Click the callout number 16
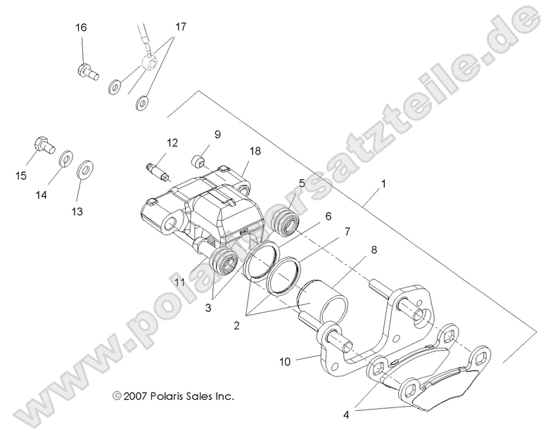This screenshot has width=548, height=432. pos(82,27)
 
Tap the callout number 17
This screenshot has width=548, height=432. pos(181,27)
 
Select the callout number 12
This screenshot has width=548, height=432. pos(172,143)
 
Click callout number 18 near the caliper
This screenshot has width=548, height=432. pos(255,150)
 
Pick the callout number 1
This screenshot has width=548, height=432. pos(383,185)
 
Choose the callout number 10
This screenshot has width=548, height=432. pos(284,362)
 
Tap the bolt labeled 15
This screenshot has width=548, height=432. pos(44,146)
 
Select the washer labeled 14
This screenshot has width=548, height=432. pos(66,157)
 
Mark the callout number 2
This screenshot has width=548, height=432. pos(236,325)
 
